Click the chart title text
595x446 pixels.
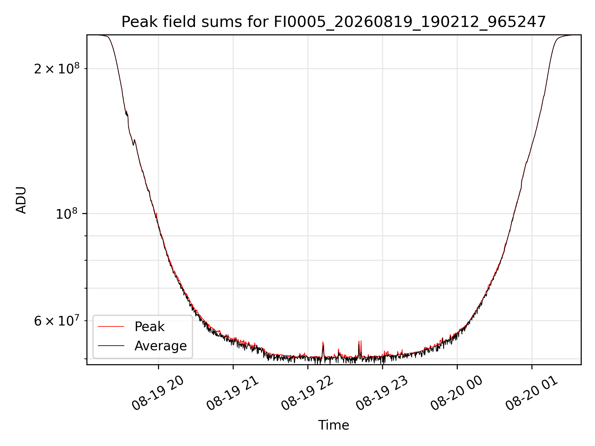(333, 22)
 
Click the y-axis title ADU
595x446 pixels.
(21, 200)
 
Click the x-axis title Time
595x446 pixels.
(333, 425)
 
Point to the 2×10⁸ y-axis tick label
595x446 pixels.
(57, 68)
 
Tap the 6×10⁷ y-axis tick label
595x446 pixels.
(57, 321)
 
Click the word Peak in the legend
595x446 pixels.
(149, 327)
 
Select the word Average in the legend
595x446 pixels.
(161, 346)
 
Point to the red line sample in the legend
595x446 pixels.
(111, 326)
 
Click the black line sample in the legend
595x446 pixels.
(111, 346)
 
